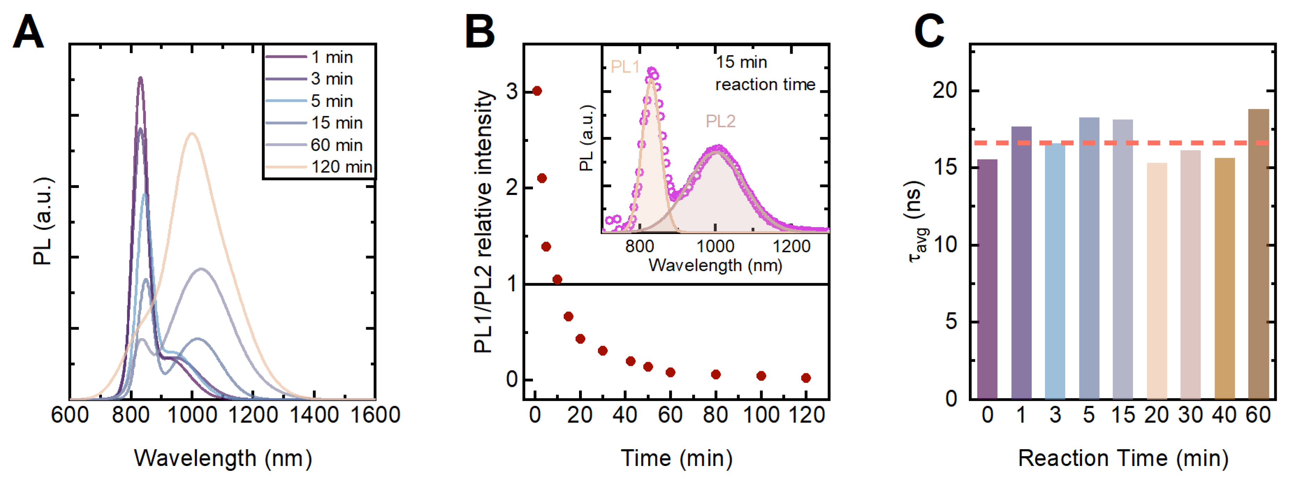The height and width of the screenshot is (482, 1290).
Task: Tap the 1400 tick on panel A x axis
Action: click(x=314, y=415)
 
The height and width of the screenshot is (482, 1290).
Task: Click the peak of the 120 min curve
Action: click(x=191, y=133)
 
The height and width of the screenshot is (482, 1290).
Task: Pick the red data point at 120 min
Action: click(x=806, y=378)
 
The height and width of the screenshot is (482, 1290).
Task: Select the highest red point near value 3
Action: click(x=537, y=91)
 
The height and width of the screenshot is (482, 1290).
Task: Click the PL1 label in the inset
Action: click(x=625, y=67)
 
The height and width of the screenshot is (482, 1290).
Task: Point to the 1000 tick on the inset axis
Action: click(x=716, y=246)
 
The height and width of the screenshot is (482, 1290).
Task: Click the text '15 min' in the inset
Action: click(x=741, y=62)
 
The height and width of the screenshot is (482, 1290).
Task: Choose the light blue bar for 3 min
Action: click(x=1055, y=270)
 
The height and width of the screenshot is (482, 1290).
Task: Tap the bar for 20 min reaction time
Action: click(x=1156, y=280)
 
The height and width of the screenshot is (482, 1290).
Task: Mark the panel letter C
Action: click(x=929, y=31)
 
